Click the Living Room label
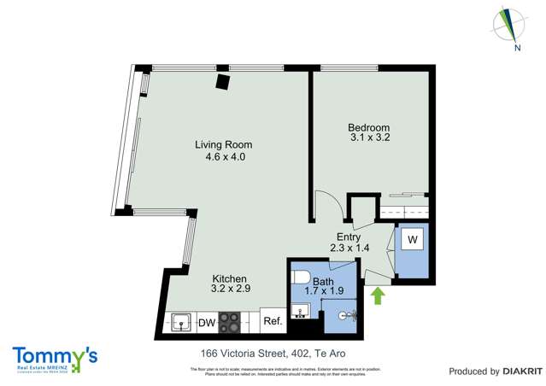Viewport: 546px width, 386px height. pos(223,145)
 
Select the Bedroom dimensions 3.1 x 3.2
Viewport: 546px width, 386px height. pos(369,136)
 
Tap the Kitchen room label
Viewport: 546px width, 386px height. pos(229,279)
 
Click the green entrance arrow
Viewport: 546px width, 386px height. pos(376,295)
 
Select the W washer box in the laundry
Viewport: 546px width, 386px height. pos(412,241)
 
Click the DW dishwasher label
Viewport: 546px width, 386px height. pos(206,322)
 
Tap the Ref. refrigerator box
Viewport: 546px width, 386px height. pos(273,322)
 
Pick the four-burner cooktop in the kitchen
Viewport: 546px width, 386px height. pos(231,322)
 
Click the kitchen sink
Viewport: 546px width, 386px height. pos(181,322)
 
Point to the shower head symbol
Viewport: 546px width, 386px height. pos(347,315)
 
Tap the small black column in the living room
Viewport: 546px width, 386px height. pos(223,81)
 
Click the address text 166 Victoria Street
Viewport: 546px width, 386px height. pos(231,353)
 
